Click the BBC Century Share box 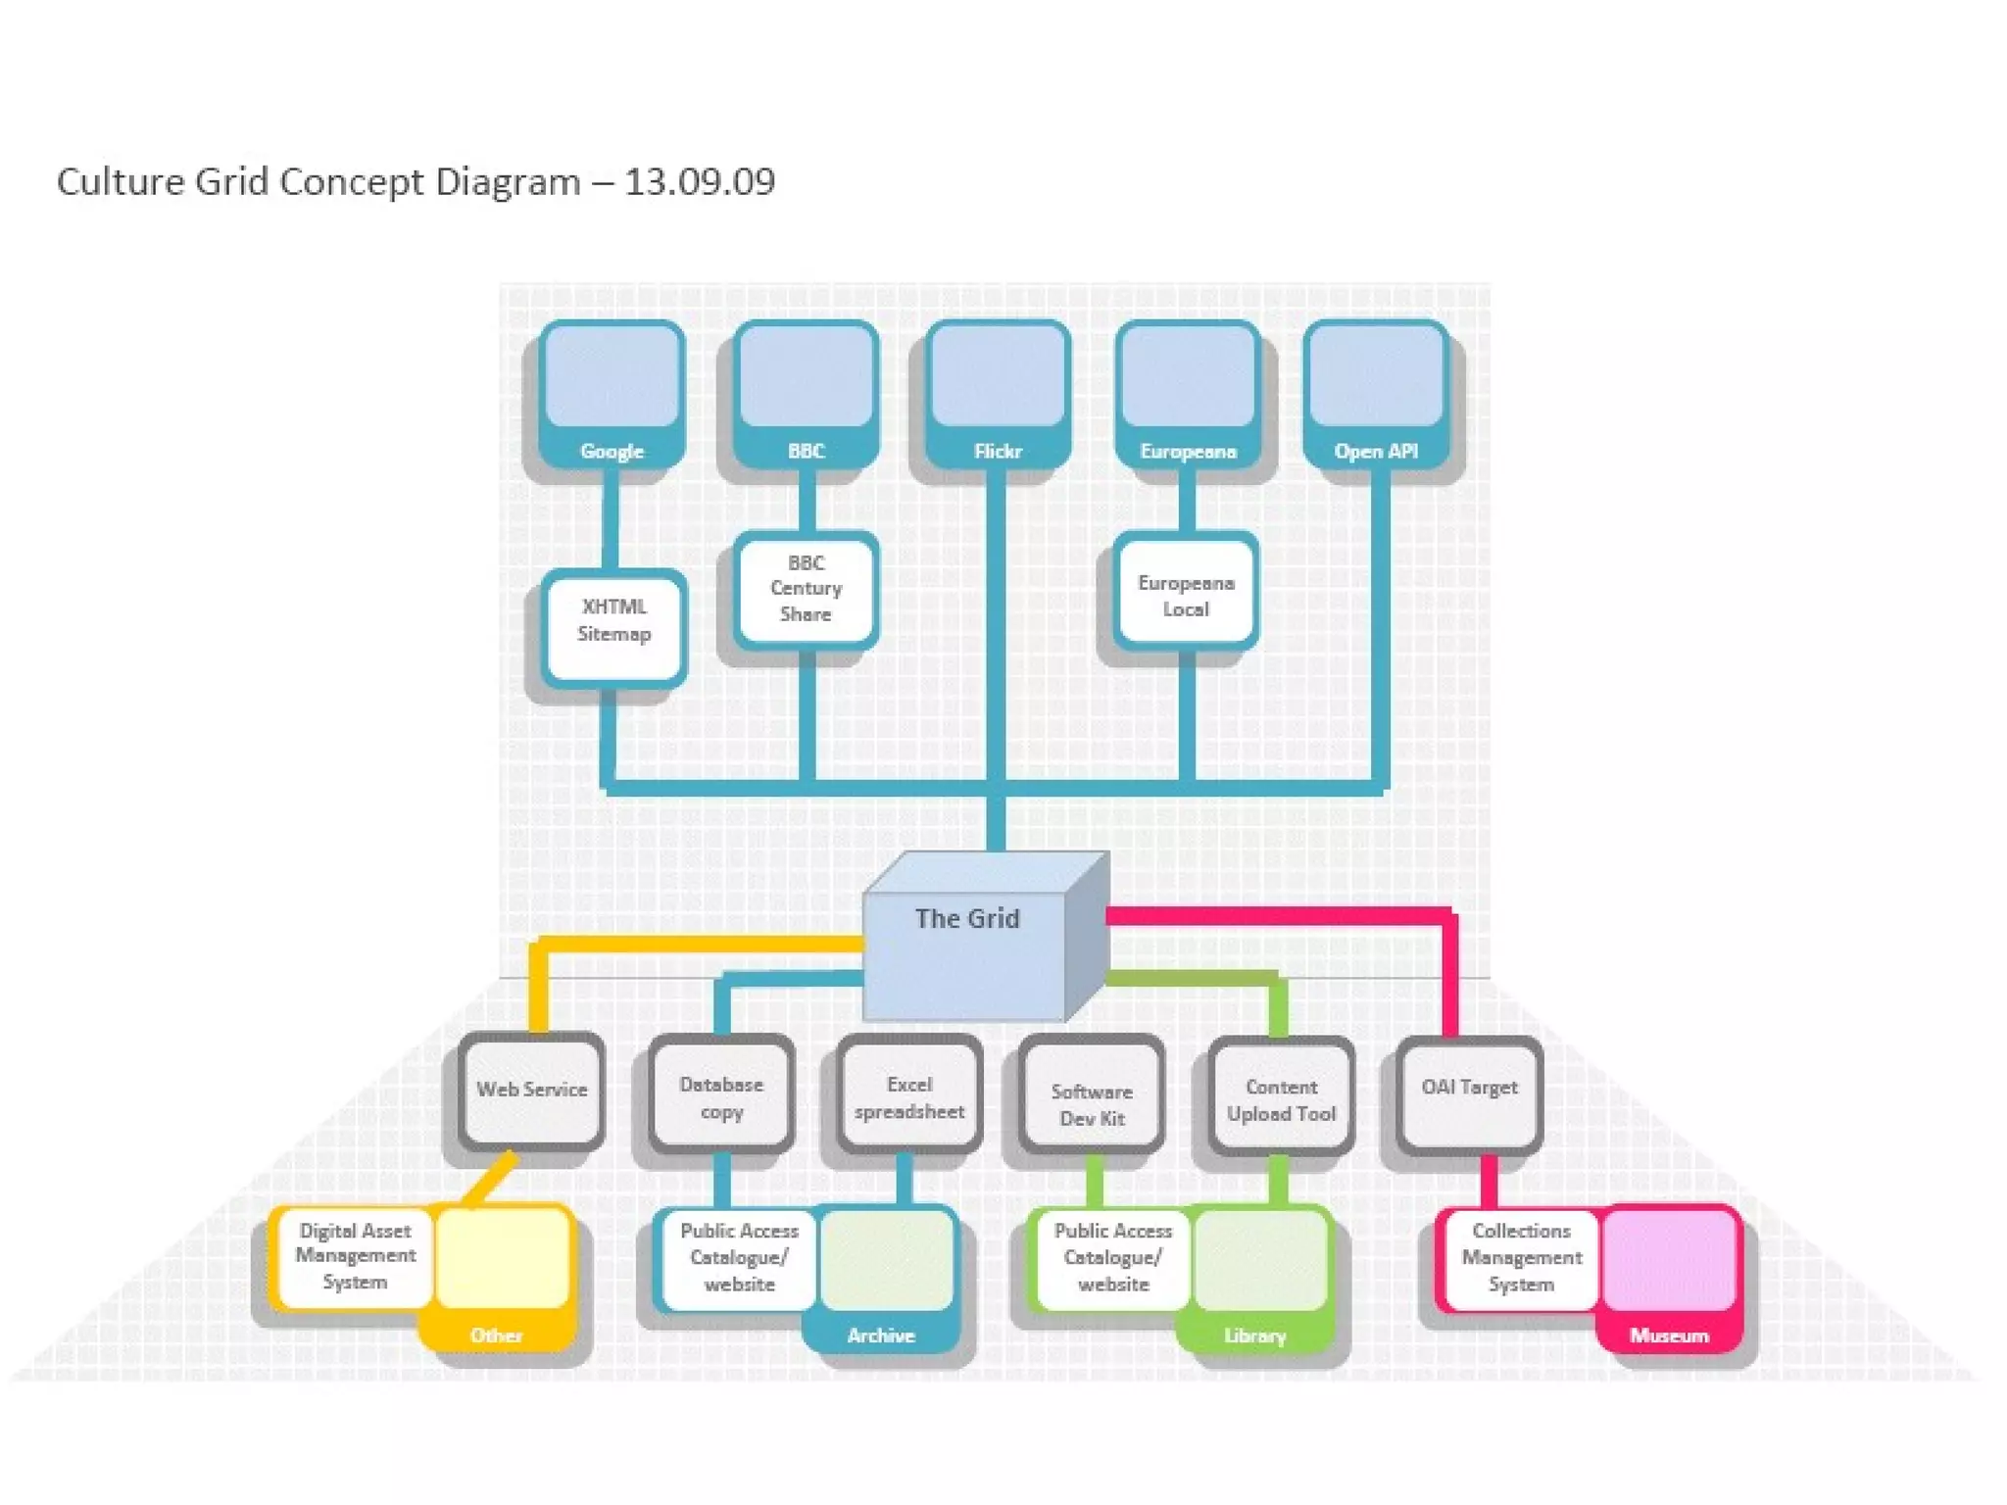point(806,589)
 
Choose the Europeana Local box point(1186,595)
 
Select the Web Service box point(531,1091)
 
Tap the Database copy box point(721,1096)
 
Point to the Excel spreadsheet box point(909,1096)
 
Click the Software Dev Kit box point(1092,1102)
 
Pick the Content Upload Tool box point(1281,1098)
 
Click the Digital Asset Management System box point(355,1256)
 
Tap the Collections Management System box point(1521,1257)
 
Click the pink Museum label point(1669,1335)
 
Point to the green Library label point(1254,1335)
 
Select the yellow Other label point(496,1335)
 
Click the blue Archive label point(881,1335)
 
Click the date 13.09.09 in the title point(700,182)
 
